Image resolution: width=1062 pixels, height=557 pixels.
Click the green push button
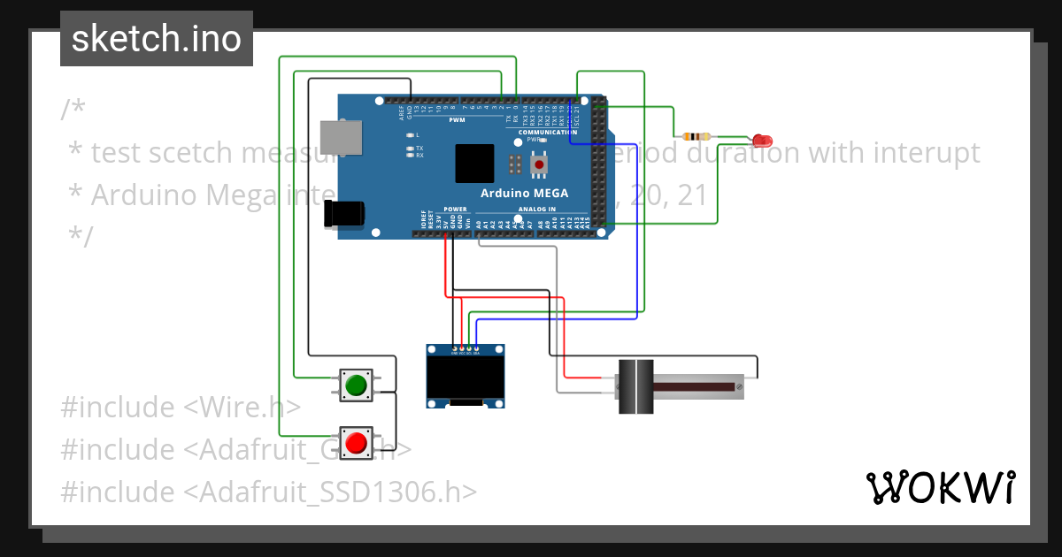tap(357, 385)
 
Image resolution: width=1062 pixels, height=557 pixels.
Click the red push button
tap(357, 442)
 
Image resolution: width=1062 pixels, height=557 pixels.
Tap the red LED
tap(761, 141)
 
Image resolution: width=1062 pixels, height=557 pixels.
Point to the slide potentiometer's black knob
tap(635, 386)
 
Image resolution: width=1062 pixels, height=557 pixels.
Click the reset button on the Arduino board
tap(539, 164)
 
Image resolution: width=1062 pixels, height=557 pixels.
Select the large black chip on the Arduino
tap(474, 163)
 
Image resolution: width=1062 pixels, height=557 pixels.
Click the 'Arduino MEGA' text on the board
tap(524, 193)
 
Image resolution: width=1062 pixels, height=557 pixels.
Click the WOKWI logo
tap(940, 487)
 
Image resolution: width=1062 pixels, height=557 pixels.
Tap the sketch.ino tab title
tap(157, 39)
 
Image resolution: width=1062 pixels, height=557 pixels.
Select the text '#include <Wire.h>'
tap(181, 408)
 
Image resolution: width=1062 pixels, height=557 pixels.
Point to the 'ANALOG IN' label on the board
tap(538, 210)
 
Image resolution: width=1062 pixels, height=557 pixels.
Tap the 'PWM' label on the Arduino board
tap(457, 119)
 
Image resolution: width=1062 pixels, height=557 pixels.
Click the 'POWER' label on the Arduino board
tap(455, 210)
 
